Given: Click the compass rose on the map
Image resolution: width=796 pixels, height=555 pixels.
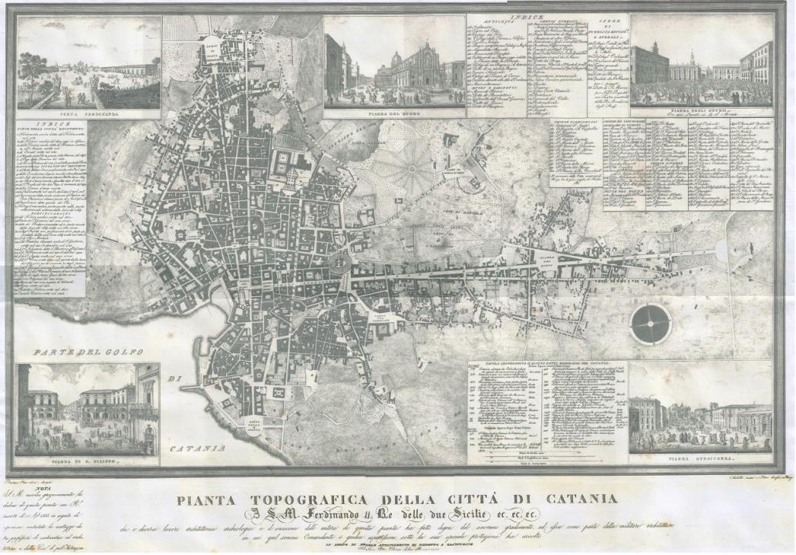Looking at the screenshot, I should [651, 324].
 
